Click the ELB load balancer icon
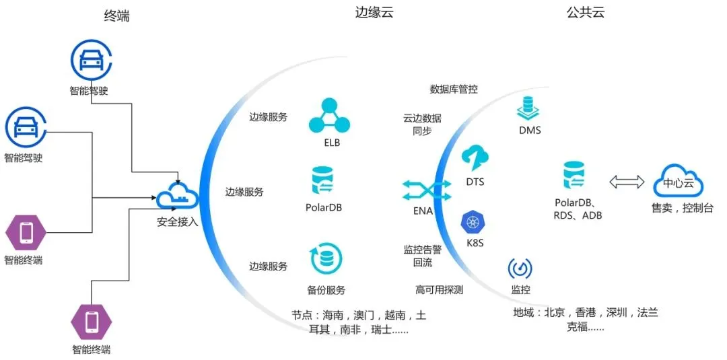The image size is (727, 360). pyautogui.click(x=330, y=115)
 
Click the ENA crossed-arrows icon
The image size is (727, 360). pyautogui.click(x=423, y=190)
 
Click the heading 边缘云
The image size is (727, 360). pyautogui.click(x=374, y=13)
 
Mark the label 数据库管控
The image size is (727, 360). pyautogui.click(x=454, y=89)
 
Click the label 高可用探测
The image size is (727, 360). pyautogui.click(x=439, y=290)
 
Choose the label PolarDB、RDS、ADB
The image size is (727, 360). pyautogui.click(x=578, y=209)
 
